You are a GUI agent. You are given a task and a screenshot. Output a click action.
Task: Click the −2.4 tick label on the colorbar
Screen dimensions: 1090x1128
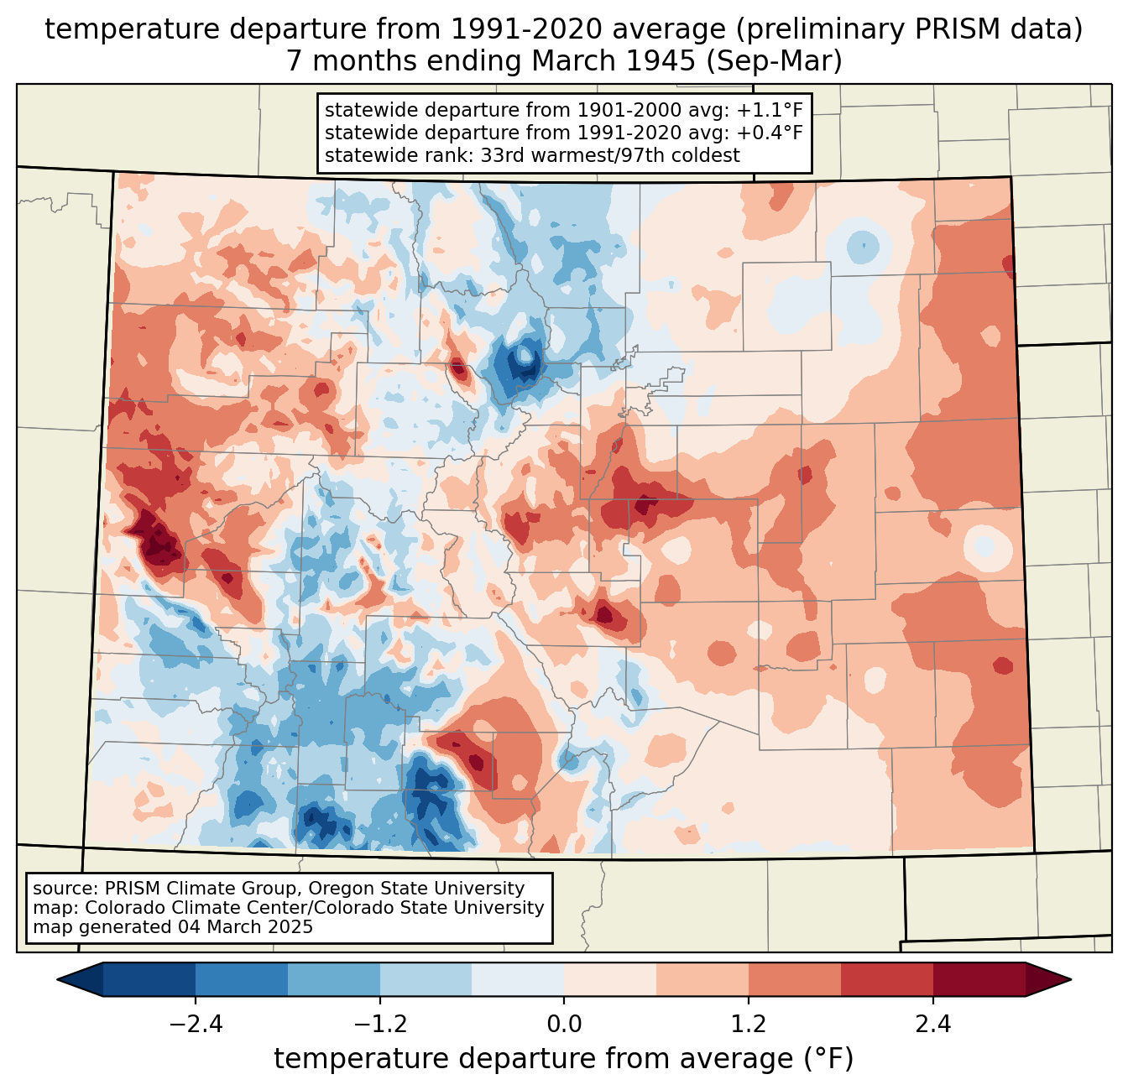click(x=196, y=1025)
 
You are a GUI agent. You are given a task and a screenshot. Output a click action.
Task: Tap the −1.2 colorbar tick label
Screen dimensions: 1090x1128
click(x=380, y=1025)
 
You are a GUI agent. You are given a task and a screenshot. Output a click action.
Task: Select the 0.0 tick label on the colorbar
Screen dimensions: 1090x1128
click(x=564, y=1025)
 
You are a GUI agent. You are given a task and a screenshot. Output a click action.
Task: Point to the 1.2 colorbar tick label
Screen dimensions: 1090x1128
click(x=749, y=1025)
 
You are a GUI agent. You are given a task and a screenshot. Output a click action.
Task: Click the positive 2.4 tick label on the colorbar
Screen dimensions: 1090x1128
click(x=933, y=1025)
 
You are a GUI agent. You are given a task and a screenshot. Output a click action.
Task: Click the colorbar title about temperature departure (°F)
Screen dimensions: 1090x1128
click(x=564, y=1059)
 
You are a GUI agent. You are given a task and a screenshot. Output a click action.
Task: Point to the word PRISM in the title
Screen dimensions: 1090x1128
click(x=952, y=29)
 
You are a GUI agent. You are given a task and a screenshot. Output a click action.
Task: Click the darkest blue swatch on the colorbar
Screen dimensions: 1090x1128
click(x=149, y=979)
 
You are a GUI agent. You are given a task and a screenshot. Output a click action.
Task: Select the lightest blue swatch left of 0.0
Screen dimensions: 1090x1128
click(x=518, y=979)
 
